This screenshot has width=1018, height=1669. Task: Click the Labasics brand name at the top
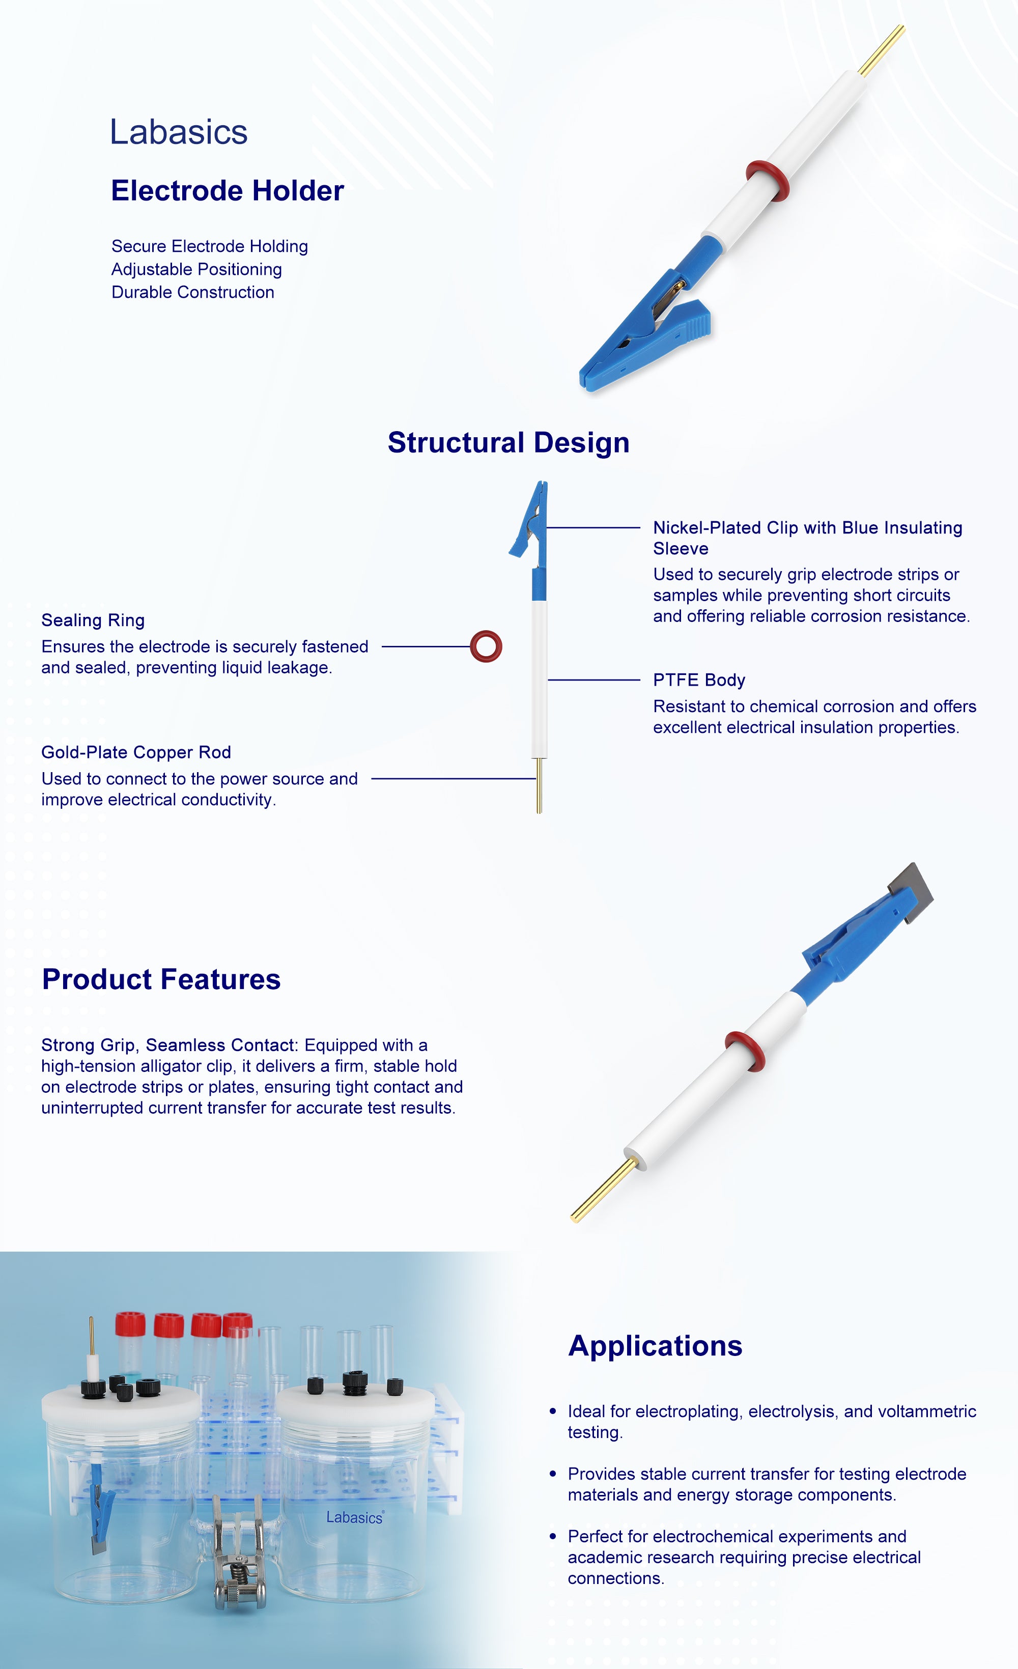pyautogui.click(x=179, y=132)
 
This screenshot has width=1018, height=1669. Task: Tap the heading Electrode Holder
pyautogui.click(x=228, y=191)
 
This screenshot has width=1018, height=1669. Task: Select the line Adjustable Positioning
pyautogui.click(x=196, y=270)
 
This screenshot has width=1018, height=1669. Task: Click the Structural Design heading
pyautogui.click(x=508, y=443)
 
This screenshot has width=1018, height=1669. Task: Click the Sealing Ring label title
pyautogui.click(x=93, y=620)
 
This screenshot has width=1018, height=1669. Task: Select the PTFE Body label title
pyautogui.click(x=699, y=680)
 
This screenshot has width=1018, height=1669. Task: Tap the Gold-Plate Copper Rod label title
pyautogui.click(x=136, y=752)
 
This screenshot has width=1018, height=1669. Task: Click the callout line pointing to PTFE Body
pyautogui.click(x=594, y=680)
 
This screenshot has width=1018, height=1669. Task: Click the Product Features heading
pyautogui.click(x=161, y=979)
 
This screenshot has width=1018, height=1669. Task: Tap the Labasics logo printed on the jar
pyautogui.click(x=355, y=1517)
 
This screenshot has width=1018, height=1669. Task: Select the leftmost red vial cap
pyautogui.click(x=130, y=1325)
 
